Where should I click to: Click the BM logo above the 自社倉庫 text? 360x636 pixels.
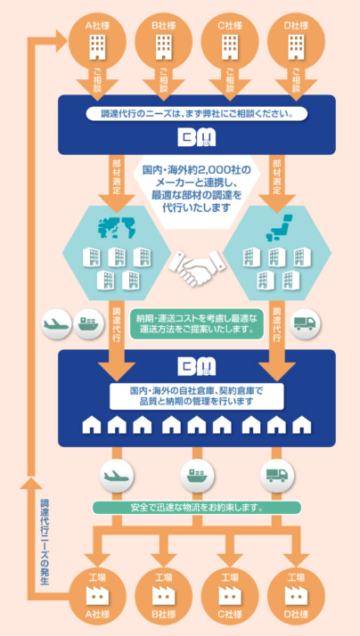[197, 366]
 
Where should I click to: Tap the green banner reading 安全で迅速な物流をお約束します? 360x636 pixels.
[196, 509]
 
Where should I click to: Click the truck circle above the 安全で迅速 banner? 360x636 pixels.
[276, 474]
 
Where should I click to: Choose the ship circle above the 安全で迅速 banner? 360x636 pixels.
[196, 474]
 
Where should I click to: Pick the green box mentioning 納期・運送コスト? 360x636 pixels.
[196, 322]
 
